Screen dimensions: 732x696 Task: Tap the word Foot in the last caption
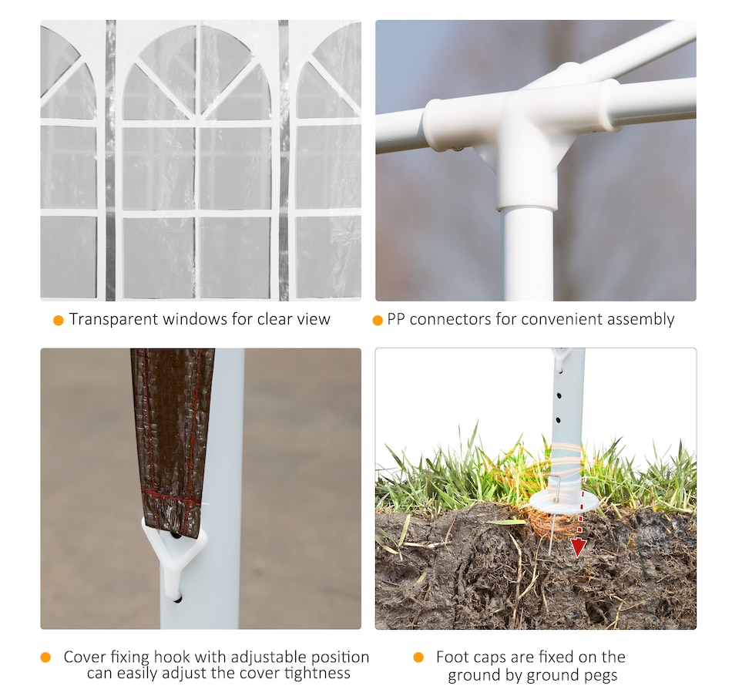pyautogui.click(x=452, y=657)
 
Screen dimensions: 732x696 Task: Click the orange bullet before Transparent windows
pyautogui.click(x=59, y=321)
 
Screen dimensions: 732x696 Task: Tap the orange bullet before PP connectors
pyautogui.click(x=378, y=321)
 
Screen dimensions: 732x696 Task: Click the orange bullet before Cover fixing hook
pyautogui.click(x=45, y=657)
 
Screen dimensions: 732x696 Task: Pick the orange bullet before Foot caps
pyautogui.click(x=418, y=657)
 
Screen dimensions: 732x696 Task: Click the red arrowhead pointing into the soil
pyautogui.click(x=578, y=547)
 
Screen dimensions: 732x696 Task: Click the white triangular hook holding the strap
pyautogui.click(x=173, y=547)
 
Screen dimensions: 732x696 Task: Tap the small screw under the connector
pyautogui.click(x=457, y=149)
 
